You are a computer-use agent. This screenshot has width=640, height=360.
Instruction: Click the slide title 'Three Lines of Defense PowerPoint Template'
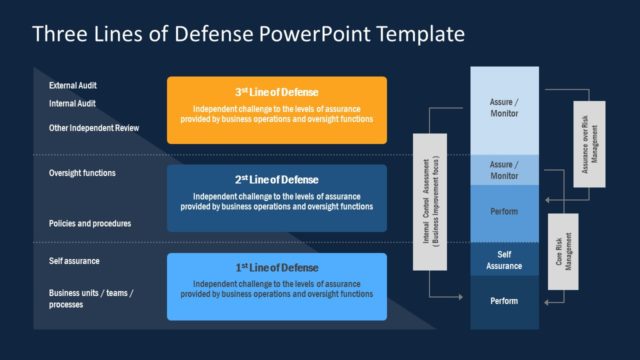click(x=248, y=34)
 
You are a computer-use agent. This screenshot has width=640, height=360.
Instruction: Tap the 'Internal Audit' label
click(x=72, y=102)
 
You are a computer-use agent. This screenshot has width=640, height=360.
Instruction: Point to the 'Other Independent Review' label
click(x=94, y=128)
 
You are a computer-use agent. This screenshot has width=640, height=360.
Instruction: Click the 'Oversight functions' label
click(x=82, y=173)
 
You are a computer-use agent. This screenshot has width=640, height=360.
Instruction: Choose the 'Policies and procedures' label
click(x=90, y=223)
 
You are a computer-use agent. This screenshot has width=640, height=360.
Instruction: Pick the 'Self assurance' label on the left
click(x=74, y=261)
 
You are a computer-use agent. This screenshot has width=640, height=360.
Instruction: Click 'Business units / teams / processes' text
click(x=91, y=298)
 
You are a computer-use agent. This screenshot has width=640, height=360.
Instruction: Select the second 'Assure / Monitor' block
click(x=504, y=169)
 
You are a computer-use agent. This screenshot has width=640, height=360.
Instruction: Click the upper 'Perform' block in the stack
click(x=504, y=212)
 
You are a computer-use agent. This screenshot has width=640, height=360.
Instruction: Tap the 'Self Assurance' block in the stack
click(x=504, y=260)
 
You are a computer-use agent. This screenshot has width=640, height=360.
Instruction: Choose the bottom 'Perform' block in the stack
click(x=504, y=301)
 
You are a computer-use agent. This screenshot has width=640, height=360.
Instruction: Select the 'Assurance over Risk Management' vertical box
click(x=589, y=144)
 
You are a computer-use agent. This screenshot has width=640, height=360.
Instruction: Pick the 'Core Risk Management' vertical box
click(x=562, y=252)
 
